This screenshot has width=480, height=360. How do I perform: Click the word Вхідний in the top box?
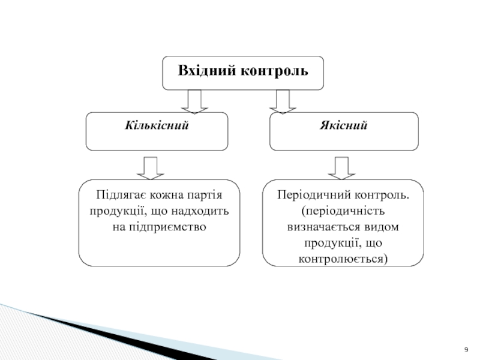click(x=207, y=70)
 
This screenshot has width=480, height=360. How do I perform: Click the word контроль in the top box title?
click(x=274, y=70)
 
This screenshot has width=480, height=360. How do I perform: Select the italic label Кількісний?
click(x=157, y=125)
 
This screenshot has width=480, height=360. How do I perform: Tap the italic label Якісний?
click(x=343, y=125)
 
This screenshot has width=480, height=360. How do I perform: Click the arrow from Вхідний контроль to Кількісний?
click(x=194, y=101)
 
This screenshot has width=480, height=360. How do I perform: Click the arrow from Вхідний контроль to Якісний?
click(x=283, y=101)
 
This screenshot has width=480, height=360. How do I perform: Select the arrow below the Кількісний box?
click(x=151, y=168)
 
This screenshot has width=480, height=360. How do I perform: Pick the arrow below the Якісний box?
click(x=341, y=168)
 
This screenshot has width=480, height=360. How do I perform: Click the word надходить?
click(x=200, y=211)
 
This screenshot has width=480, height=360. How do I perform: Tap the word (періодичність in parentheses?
click(x=343, y=211)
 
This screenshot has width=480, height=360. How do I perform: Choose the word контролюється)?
click(x=343, y=259)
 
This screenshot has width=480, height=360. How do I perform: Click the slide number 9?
click(x=466, y=350)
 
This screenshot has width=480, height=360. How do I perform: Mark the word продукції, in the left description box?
click(x=119, y=212)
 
